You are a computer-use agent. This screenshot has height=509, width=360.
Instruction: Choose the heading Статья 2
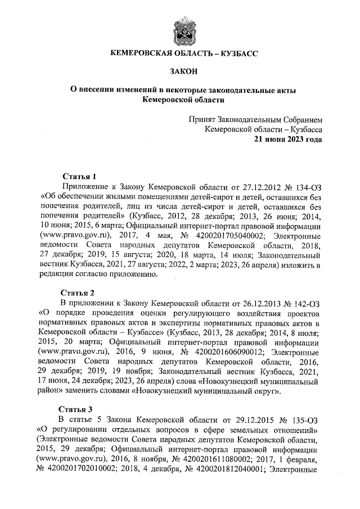79,292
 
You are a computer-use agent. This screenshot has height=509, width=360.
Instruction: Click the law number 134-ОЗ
305,186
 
